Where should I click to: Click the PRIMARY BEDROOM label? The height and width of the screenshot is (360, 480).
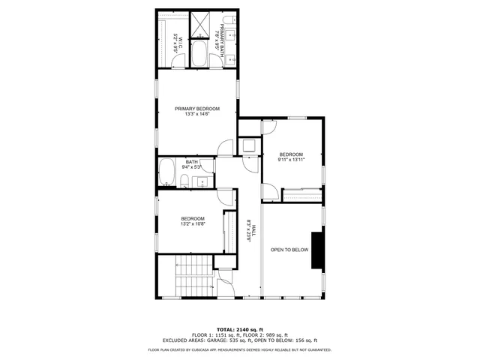197,109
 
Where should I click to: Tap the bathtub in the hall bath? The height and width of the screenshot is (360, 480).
168,172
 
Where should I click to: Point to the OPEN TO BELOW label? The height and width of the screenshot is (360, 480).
289,250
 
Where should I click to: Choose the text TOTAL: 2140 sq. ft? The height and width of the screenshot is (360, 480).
240,329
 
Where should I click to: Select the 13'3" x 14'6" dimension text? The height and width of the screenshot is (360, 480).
197,114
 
